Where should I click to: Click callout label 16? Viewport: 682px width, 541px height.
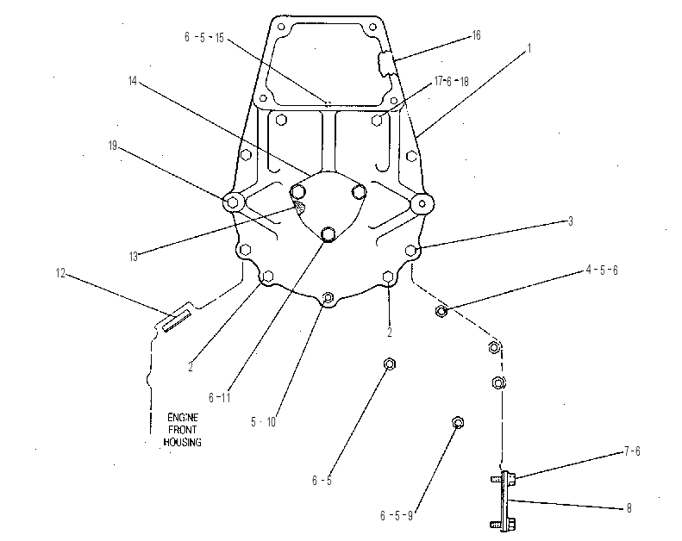(476, 35)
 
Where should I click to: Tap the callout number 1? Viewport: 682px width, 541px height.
(529, 48)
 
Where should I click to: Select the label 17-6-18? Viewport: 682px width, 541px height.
(452, 81)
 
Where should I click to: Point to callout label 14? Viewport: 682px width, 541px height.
(133, 81)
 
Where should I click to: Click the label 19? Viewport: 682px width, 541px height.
(113, 146)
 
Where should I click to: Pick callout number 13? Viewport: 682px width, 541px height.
(133, 257)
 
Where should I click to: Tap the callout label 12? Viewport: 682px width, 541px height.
(60, 273)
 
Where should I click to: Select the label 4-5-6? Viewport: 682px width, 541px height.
(602, 270)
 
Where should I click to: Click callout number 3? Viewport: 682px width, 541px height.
(571, 221)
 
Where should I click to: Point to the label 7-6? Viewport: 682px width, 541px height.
(632, 451)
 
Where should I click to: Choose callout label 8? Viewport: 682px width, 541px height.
(629, 508)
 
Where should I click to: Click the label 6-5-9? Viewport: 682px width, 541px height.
(397, 516)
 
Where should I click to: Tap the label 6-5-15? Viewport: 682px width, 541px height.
(204, 37)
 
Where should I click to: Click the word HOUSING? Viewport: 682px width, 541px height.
(182, 442)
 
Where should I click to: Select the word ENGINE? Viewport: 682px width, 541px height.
(183, 418)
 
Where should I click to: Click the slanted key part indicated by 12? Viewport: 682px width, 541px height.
(177, 321)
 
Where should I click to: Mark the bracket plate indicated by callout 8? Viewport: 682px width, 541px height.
(506, 501)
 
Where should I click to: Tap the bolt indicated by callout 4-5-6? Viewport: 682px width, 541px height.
(441, 311)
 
